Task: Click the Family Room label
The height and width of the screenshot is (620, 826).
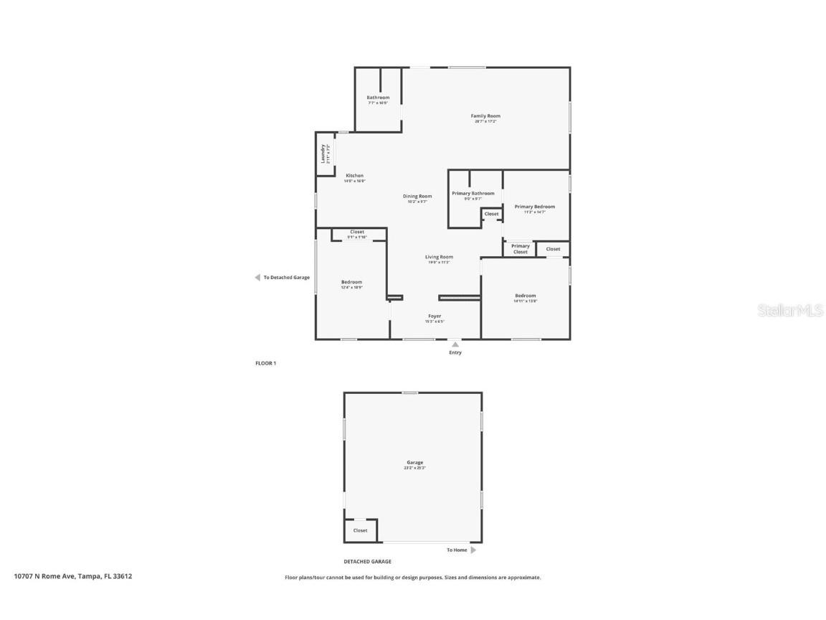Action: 485,116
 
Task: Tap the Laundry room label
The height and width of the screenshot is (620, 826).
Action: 324,154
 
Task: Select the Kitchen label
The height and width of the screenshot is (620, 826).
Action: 354,176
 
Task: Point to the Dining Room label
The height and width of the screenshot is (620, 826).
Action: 417,197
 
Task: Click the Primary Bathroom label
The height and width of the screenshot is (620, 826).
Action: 473,194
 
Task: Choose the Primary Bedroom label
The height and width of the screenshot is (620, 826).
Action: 534,207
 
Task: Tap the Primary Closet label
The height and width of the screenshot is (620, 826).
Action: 520,249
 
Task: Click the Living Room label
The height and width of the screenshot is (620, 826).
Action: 439,257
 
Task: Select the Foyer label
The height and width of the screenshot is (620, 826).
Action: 435,316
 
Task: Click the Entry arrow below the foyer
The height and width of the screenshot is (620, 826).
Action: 455,344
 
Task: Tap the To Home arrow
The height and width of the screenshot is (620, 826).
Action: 473,550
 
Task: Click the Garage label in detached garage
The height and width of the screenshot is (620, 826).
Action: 414,463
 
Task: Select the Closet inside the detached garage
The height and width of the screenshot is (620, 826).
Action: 360,531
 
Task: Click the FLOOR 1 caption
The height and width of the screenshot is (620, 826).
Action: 265,363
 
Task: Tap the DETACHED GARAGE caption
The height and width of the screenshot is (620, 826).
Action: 367,562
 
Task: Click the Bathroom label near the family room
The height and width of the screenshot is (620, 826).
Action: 378,98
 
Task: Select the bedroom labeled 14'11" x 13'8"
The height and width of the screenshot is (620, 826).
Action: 525,296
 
